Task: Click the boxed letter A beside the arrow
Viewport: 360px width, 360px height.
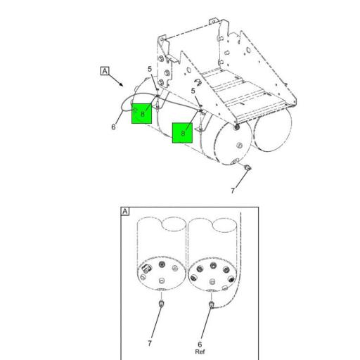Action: coord(105,71)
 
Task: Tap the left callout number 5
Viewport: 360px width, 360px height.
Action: coord(150,69)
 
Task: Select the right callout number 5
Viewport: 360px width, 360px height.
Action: coord(193,91)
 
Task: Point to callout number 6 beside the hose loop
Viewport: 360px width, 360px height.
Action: coord(113,127)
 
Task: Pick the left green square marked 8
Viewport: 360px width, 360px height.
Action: coord(142,113)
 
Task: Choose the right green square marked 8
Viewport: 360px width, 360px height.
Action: coord(183,132)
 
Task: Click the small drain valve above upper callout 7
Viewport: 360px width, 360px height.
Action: coord(247,168)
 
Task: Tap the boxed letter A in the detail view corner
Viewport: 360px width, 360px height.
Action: coord(126,212)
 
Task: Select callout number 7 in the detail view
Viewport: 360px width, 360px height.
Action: coord(150,343)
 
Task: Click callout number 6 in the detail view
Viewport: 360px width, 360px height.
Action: coord(200,345)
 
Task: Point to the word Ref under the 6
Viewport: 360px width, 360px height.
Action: coord(200,352)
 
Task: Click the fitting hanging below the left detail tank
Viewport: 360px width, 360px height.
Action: coord(161,304)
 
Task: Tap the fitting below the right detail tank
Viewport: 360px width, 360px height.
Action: coord(211,304)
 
